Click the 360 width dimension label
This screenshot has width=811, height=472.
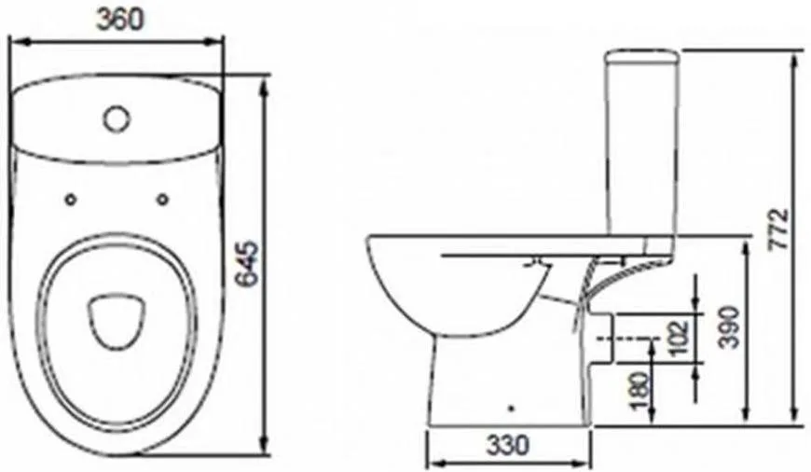(x=119, y=20)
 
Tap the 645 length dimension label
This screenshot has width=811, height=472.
(x=246, y=263)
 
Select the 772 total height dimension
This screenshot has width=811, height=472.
(x=778, y=229)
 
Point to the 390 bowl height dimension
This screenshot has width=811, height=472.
(x=730, y=327)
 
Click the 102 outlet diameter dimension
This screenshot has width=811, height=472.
(x=680, y=338)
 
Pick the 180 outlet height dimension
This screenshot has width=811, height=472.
(x=640, y=391)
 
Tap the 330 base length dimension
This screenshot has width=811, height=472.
(x=508, y=445)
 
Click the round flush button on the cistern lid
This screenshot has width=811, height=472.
(x=116, y=118)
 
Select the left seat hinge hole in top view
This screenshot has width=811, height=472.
(x=71, y=200)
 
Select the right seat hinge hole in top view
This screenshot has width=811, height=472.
(x=162, y=199)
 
